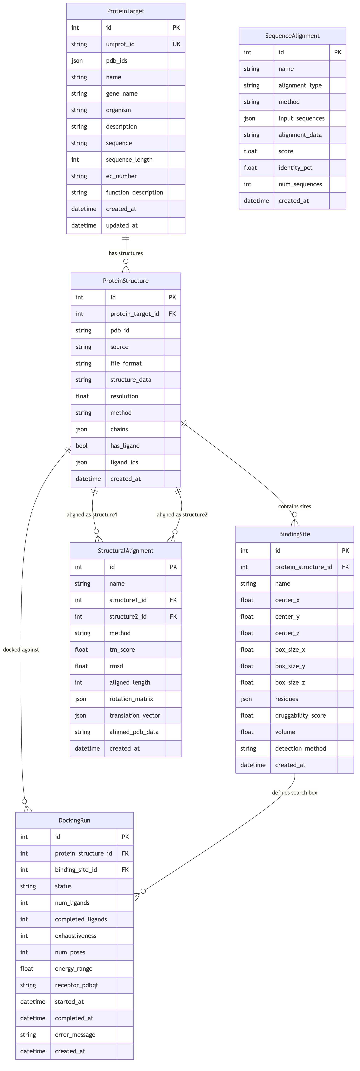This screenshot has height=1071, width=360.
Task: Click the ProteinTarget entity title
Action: coord(126,11)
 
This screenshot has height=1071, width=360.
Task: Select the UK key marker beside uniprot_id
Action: coord(176,44)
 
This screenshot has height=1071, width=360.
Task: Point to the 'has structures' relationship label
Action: coord(126,253)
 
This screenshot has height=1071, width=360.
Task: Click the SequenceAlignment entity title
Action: coord(292,36)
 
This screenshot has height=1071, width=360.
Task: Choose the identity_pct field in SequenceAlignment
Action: coord(295,167)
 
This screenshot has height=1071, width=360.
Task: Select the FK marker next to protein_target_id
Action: coord(172,314)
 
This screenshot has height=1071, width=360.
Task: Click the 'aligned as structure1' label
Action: coord(92,515)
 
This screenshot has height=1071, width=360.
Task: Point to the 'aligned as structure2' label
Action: coord(182,515)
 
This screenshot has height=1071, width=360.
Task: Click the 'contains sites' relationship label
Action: coord(294,506)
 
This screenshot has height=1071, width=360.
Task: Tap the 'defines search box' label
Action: coord(294,792)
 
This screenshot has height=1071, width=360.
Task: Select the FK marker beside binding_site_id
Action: coord(125,870)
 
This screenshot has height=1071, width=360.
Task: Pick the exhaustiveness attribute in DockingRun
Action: coord(75,936)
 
